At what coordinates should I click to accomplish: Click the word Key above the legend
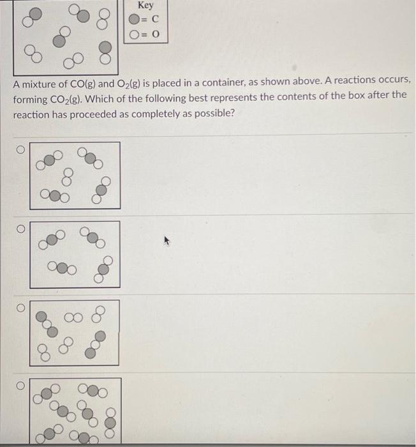145,6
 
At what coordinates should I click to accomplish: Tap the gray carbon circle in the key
136,20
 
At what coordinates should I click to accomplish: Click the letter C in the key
154,20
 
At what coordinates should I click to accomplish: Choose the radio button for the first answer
20,149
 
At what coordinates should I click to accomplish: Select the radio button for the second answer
20,228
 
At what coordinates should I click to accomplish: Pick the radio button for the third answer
20,307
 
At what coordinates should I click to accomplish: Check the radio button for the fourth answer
20,386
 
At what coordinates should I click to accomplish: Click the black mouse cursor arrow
167,241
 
